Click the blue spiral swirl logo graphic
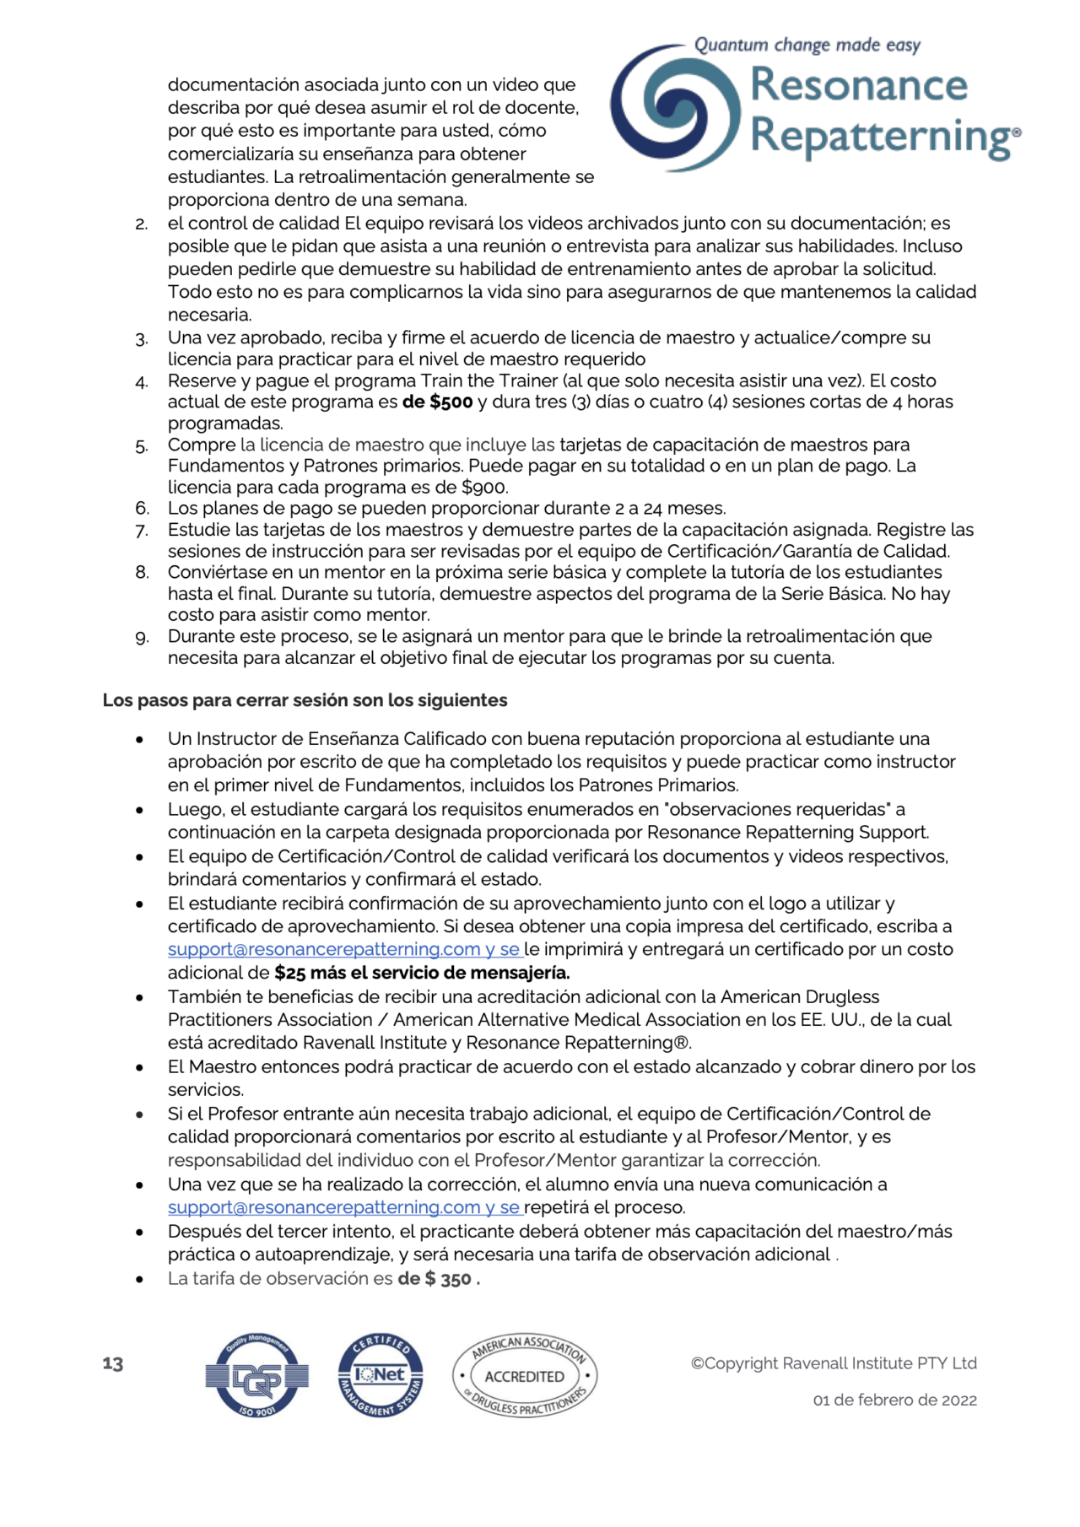[x=675, y=107]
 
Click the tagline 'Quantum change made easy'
[x=807, y=45]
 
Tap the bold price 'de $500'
[x=437, y=402]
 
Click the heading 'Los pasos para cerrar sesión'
[x=305, y=700]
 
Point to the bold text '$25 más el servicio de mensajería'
[x=422, y=973]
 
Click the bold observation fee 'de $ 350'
[x=439, y=1279]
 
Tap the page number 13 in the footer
[x=113, y=1364]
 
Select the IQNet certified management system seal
[x=381, y=1375]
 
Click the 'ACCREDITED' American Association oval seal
[x=525, y=1376]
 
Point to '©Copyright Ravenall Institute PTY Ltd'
[x=834, y=1363]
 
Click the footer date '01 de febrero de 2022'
[x=894, y=1400]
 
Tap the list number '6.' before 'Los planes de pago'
[x=143, y=509]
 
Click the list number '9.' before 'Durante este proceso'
[x=143, y=638]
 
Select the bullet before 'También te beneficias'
[x=139, y=997]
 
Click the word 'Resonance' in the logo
[x=858, y=85]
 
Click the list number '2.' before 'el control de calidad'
[x=142, y=224]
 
